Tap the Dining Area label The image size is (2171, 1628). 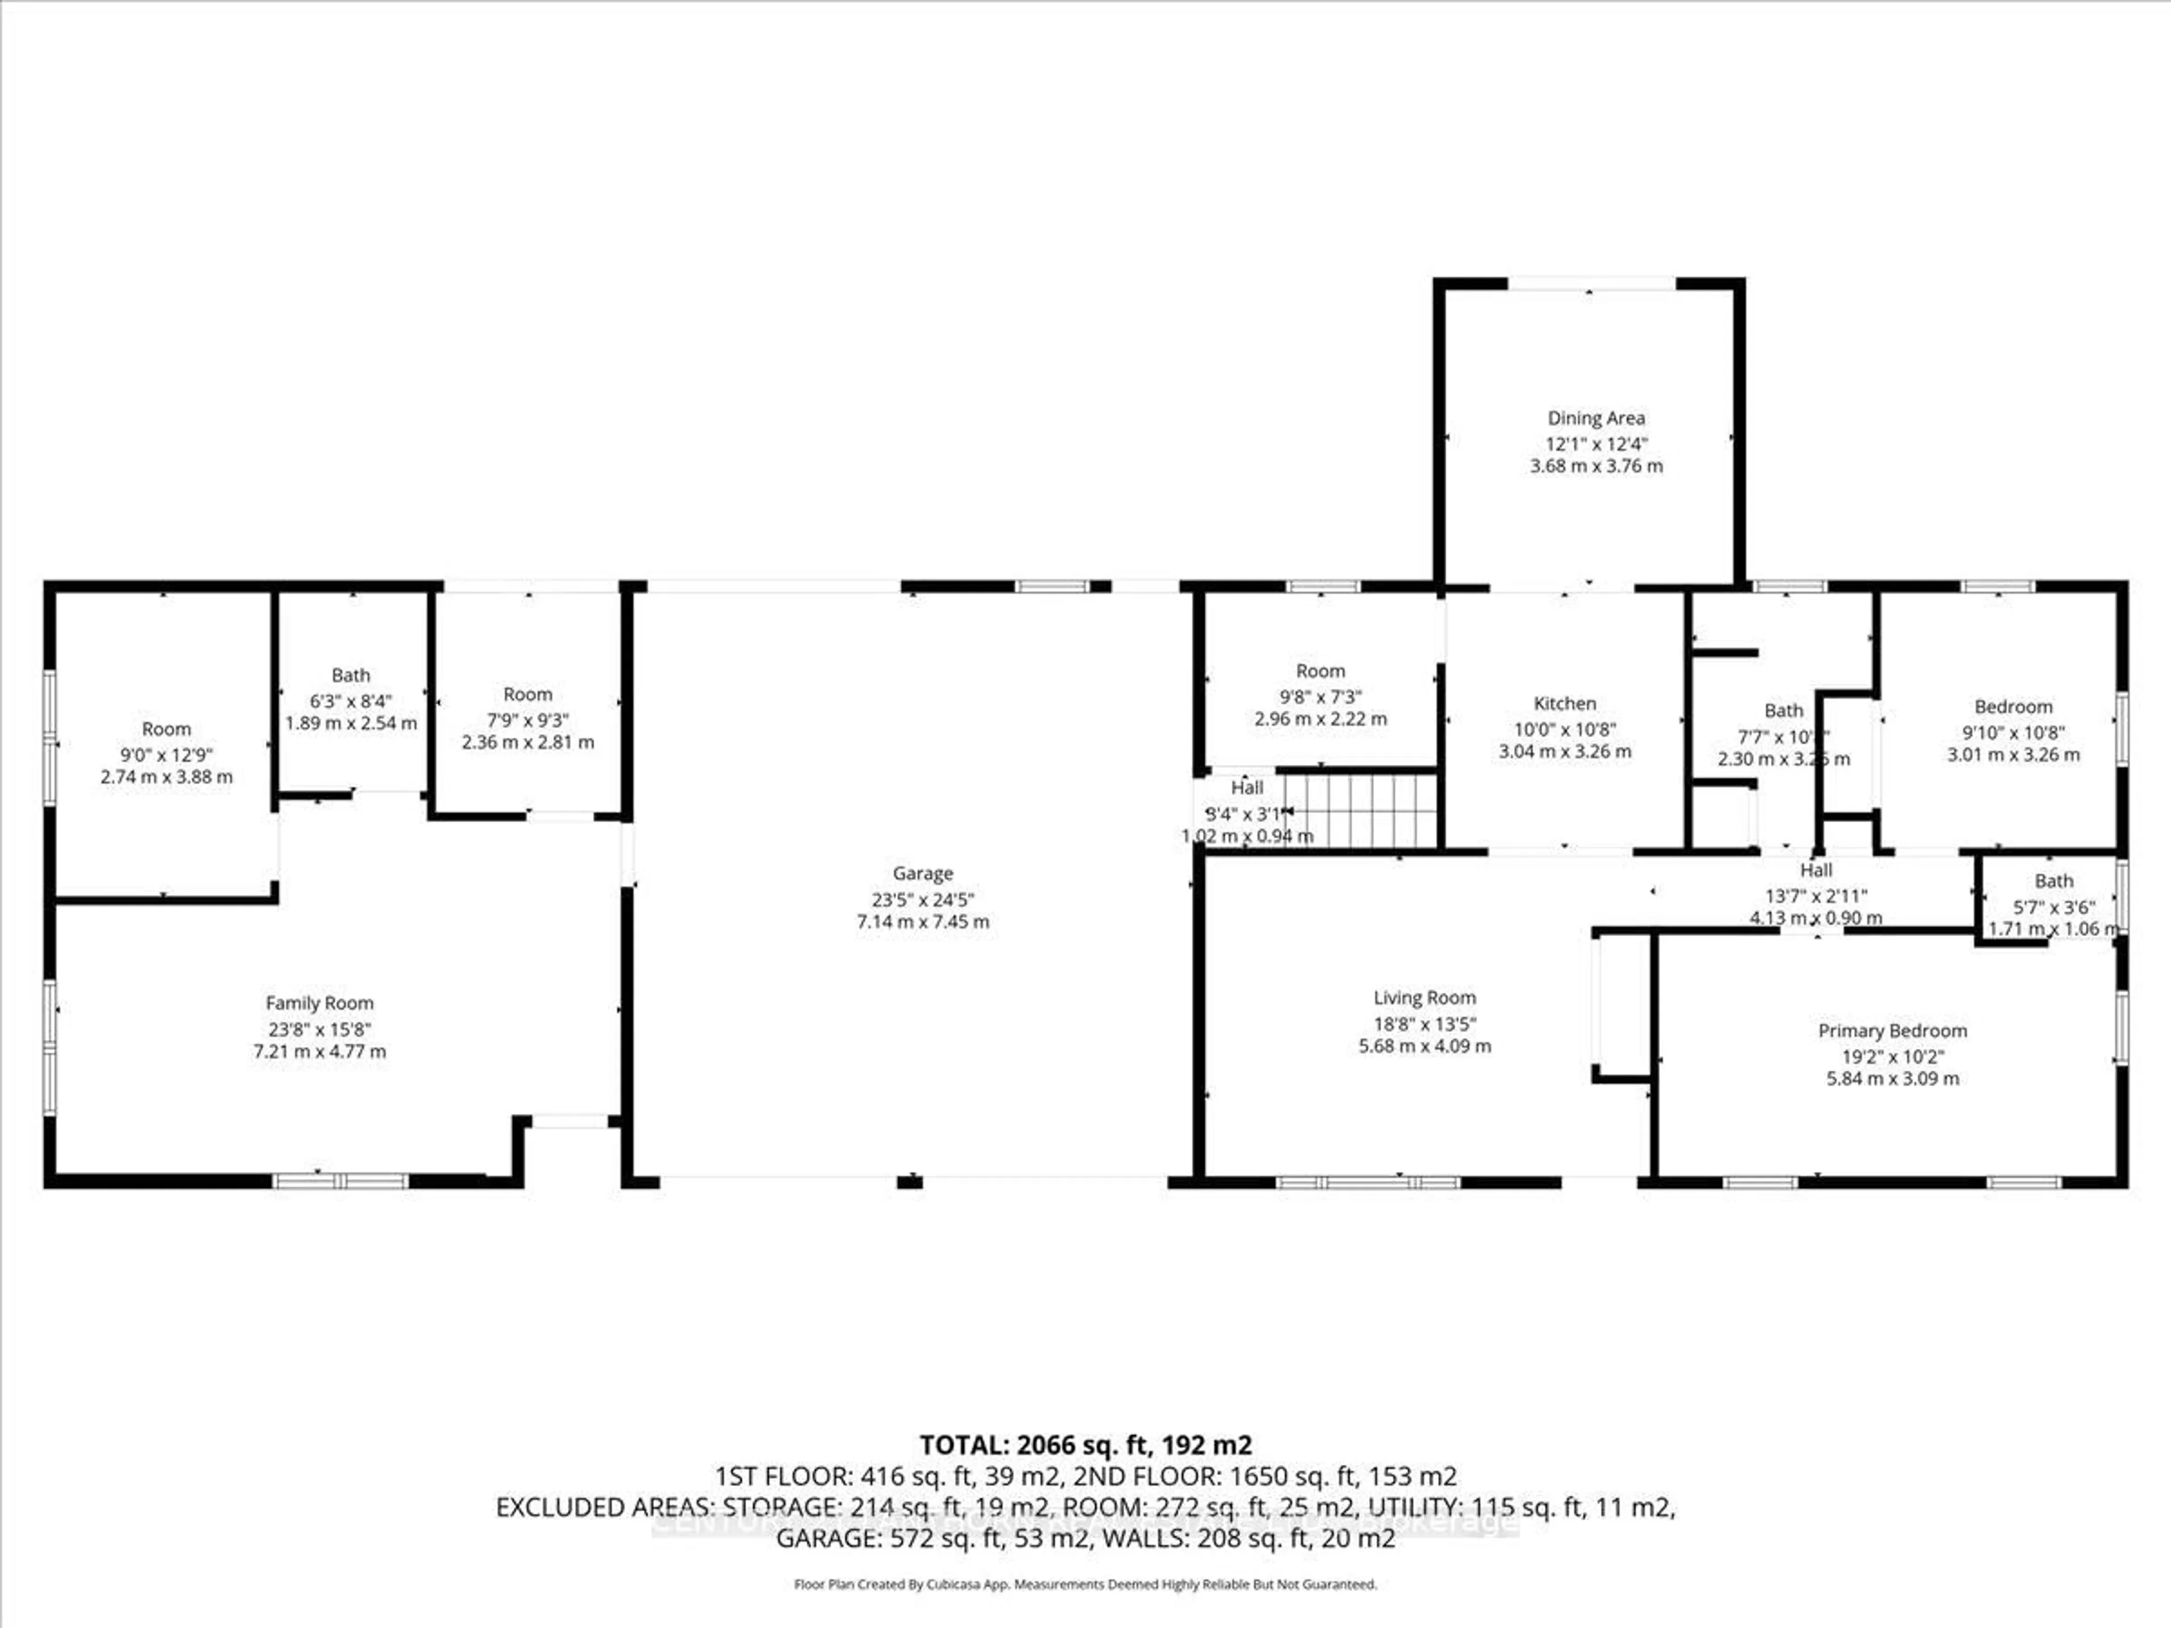pyautogui.click(x=1596, y=418)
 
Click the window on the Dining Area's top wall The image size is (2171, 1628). pyautogui.click(x=1591, y=284)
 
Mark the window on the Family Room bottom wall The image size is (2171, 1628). pyautogui.click(x=340, y=1180)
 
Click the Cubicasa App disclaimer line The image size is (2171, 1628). pyautogui.click(x=1085, y=1584)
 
